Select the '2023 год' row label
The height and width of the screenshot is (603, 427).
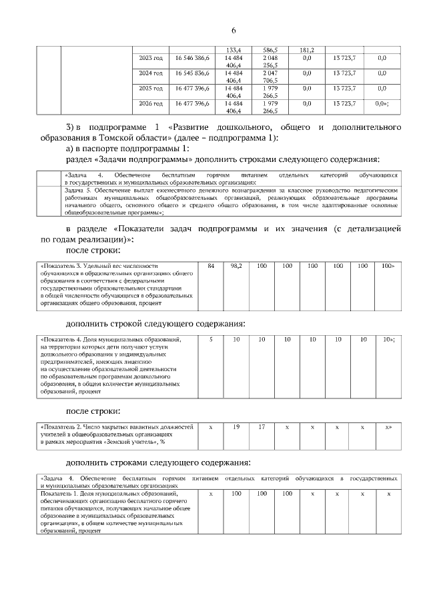pyautogui.click(x=151, y=59)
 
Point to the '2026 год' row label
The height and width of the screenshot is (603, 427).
pyautogui.click(x=151, y=103)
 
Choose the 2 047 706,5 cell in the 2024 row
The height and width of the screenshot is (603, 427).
pyautogui.click(x=270, y=77)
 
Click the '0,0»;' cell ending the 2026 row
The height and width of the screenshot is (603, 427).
pyautogui.click(x=382, y=103)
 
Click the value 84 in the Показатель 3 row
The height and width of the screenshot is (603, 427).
pyautogui.click(x=211, y=266)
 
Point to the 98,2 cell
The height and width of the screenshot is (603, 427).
pyautogui.click(x=236, y=266)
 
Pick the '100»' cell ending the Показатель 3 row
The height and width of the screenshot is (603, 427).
pyautogui.click(x=388, y=266)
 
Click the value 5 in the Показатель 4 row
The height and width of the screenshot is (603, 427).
pyautogui.click(x=211, y=340)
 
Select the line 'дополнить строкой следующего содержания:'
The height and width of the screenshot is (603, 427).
pyautogui.click(x=155, y=323)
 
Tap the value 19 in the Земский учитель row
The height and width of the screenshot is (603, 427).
pyautogui.click(x=236, y=426)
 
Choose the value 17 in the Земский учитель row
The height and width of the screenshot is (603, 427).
pyautogui.click(x=262, y=426)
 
